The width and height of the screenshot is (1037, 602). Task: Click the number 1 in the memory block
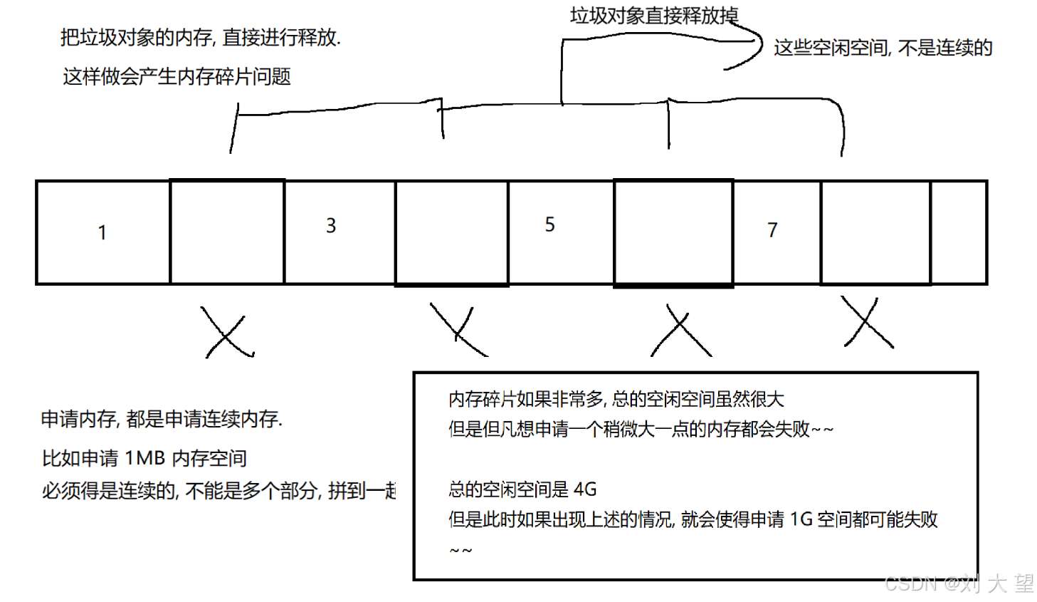(x=102, y=232)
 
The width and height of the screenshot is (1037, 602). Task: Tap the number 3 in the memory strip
(x=331, y=226)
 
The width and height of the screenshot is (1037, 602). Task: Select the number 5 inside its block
(x=549, y=224)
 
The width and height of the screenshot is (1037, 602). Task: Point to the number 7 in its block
(x=772, y=230)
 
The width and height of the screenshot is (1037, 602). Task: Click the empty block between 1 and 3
(x=228, y=232)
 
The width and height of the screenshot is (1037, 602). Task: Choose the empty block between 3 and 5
(x=452, y=232)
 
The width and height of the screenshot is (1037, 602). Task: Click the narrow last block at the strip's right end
(x=959, y=232)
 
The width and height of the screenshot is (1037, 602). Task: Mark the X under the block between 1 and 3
(x=226, y=333)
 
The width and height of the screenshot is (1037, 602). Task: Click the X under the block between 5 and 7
(x=680, y=331)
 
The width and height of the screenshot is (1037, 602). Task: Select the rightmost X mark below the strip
(x=868, y=323)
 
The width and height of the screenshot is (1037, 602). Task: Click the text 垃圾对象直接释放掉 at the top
(x=653, y=16)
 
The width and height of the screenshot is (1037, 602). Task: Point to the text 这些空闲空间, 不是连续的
(x=883, y=48)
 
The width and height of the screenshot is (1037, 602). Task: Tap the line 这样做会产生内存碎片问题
(x=177, y=76)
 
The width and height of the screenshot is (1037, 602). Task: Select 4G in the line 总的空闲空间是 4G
(x=585, y=489)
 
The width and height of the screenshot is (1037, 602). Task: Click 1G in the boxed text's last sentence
(x=801, y=519)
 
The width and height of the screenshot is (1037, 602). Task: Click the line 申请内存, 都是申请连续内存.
(x=162, y=419)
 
